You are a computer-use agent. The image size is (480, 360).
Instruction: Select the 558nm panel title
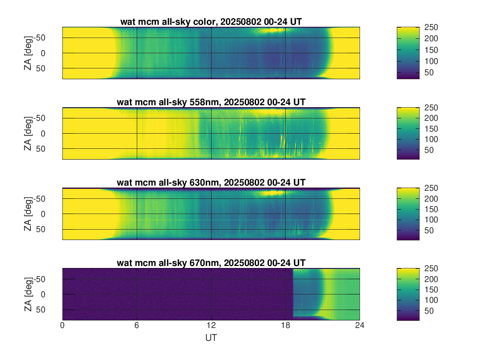tap(211, 102)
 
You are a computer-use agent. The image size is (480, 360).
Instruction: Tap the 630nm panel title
tap(211, 183)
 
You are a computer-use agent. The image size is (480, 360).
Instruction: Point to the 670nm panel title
tap(211, 263)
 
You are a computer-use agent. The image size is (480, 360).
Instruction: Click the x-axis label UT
tap(211, 338)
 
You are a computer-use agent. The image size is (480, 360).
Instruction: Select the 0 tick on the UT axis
tap(62, 326)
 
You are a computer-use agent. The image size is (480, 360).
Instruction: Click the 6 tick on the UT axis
tap(137, 326)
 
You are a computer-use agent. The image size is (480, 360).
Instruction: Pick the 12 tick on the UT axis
tap(211, 326)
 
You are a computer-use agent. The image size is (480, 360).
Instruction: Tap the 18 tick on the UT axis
tap(286, 326)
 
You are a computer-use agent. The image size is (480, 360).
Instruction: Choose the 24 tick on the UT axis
tap(360, 326)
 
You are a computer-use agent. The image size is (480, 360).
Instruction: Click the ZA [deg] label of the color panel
tap(28, 53)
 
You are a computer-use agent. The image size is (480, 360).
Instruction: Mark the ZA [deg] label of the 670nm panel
tap(28, 294)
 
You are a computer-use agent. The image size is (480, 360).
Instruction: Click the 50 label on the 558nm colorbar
tap(429, 150)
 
